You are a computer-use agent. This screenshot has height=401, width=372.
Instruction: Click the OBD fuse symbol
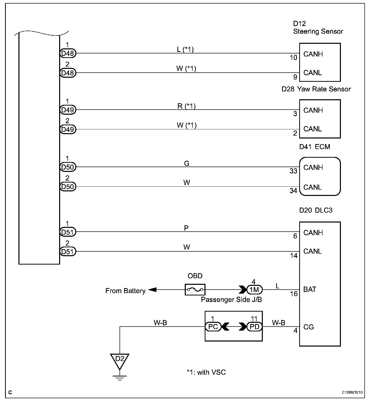click(x=195, y=289)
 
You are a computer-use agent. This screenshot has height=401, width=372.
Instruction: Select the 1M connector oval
click(x=254, y=290)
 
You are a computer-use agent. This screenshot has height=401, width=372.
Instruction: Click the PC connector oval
click(x=213, y=327)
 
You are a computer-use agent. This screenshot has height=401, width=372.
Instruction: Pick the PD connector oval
click(x=254, y=327)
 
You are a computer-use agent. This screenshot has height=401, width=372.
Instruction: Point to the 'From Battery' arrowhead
click(x=152, y=290)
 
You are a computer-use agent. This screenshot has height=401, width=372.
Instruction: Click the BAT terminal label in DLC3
click(x=310, y=289)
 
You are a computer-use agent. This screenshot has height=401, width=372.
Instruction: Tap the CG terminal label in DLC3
click(x=309, y=327)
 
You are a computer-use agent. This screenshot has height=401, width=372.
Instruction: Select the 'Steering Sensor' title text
click(x=318, y=31)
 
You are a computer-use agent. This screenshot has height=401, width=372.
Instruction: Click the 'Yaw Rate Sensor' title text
click(x=324, y=89)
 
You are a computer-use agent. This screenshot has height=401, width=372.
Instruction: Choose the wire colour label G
click(x=187, y=164)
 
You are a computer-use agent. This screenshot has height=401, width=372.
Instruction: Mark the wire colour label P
click(x=186, y=228)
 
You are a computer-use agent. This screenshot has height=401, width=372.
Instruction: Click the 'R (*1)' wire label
click(x=187, y=106)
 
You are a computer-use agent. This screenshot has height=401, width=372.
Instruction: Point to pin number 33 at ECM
click(x=293, y=171)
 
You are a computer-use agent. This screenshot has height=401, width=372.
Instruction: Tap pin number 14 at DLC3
click(x=294, y=256)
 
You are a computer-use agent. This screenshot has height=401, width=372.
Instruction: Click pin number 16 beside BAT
click(x=294, y=294)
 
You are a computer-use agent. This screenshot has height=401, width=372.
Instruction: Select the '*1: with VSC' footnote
click(x=206, y=372)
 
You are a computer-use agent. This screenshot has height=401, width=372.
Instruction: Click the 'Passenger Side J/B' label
click(x=231, y=300)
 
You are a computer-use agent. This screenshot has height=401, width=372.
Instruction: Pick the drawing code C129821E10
click(x=352, y=392)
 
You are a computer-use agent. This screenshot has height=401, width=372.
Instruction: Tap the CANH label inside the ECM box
click(x=313, y=167)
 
